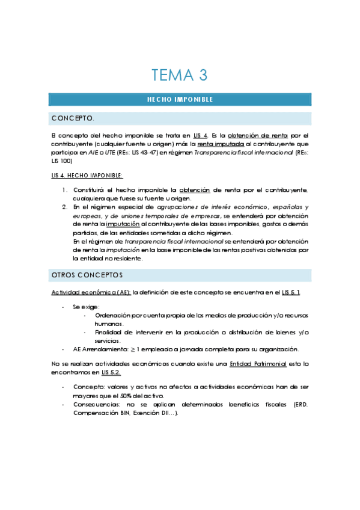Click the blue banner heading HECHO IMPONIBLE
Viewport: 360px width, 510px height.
(180, 99)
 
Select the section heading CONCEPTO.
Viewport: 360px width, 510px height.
(73, 117)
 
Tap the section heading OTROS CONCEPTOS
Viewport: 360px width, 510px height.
(87, 275)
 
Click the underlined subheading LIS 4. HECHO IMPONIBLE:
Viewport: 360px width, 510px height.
(87, 175)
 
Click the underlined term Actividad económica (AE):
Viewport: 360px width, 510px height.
(91, 292)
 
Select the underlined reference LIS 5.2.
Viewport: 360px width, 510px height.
(111, 372)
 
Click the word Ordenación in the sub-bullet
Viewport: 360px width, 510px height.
(112, 315)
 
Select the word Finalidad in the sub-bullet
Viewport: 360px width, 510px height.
(108, 332)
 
